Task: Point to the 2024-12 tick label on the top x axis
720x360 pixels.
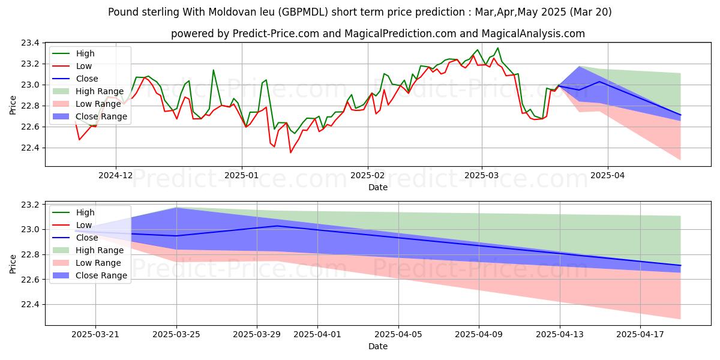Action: (115, 176)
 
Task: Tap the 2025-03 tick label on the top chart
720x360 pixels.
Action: (481, 176)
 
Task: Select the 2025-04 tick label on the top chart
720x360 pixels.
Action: (607, 176)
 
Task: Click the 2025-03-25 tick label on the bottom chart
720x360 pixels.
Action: (176, 335)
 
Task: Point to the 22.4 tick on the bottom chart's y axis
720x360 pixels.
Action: (31, 305)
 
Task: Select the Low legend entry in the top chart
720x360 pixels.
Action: (85, 66)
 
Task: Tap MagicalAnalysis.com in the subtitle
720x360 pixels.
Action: (523, 34)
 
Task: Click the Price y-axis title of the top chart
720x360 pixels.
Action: (13, 104)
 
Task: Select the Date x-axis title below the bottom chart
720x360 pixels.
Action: (378, 346)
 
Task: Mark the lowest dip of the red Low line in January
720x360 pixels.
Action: (291, 152)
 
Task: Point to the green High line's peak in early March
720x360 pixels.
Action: (497, 48)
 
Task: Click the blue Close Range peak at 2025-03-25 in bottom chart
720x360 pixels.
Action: (176, 208)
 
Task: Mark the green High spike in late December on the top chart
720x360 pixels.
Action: (213, 70)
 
